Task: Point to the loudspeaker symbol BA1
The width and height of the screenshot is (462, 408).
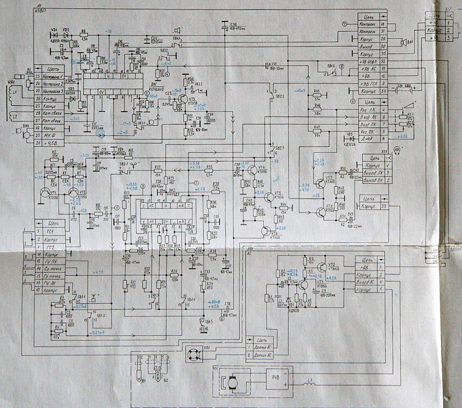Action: pyautogui.click(x=403, y=42)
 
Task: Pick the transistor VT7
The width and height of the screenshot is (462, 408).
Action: pyautogui.click(x=320, y=183)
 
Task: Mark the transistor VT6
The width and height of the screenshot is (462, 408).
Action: pyautogui.click(x=265, y=231)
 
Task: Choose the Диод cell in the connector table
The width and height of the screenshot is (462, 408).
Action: pyautogui.click(x=368, y=138)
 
